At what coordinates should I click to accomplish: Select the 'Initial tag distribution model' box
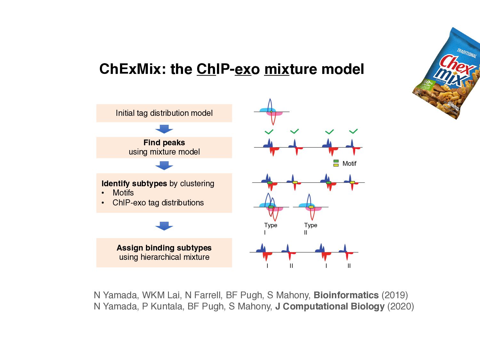pyautogui.click(x=164, y=113)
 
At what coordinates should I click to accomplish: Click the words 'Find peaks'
pyautogui.click(x=164, y=142)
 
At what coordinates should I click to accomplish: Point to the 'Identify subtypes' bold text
pyautogui.click(x=134, y=183)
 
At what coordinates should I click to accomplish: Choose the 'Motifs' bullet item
pyautogui.click(x=123, y=193)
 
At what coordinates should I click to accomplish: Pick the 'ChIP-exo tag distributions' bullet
pyautogui.click(x=158, y=203)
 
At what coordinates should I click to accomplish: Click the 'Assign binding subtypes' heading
pyautogui.click(x=164, y=248)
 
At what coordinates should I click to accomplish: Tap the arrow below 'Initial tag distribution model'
pyautogui.click(x=164, y=129)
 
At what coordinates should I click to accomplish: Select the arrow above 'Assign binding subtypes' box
pyautogui.click(x=164, y=226)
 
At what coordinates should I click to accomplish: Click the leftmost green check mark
pyautogui.click(x=269, y=132)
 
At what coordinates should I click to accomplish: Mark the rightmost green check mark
pyautogui.click(x=353, y=131)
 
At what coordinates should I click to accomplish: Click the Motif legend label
pyautogui.click(x=349, y=164)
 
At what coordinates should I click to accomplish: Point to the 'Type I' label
pyautogui.click(x=270, y=228)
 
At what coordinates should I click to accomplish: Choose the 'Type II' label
pyautogui.click(x=310, y=228)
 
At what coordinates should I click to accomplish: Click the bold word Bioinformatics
pyautogui.click(x=346, y=295)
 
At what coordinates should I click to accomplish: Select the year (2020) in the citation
pyautogui.click(x=400, y=306)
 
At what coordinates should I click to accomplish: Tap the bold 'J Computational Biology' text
pyautogui.click(x=330, y=306)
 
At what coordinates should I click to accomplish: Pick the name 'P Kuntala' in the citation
pyautogui.click(x=163, y=306)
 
